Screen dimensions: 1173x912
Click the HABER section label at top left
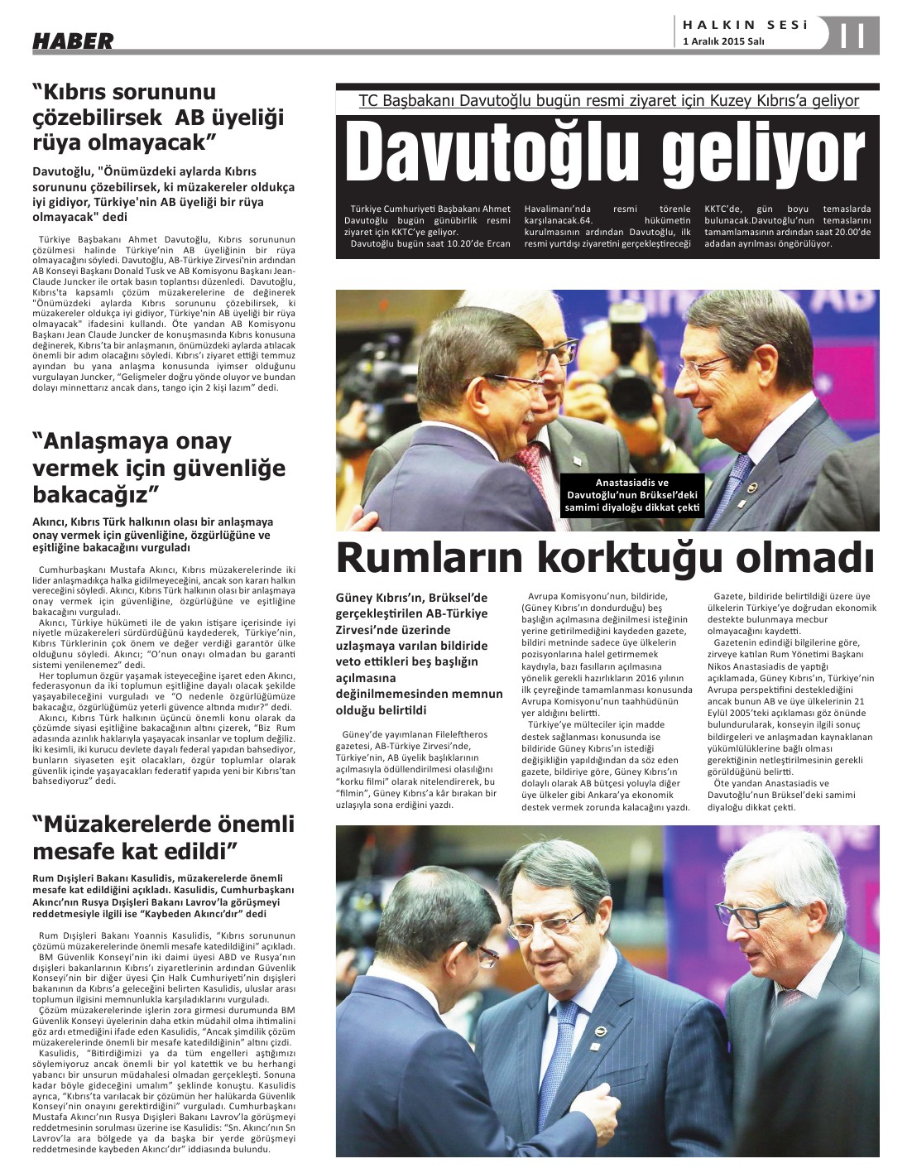coord(73,40)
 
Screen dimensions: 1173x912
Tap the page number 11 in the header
coord(853,36)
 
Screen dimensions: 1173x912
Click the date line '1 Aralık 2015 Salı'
coord(723,41)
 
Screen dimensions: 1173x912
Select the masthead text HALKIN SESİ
coord(744,25)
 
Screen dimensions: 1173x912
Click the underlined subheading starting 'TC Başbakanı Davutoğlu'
coord(608,101)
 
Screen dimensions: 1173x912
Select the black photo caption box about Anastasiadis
coord(632,495)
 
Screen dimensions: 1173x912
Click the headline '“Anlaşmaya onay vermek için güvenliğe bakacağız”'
coord(158,468)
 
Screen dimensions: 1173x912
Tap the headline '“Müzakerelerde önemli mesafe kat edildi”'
coord(163,837)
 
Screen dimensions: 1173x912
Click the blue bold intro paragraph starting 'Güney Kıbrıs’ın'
coord(414,653)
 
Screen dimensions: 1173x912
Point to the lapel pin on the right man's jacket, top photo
coord(746,483)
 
